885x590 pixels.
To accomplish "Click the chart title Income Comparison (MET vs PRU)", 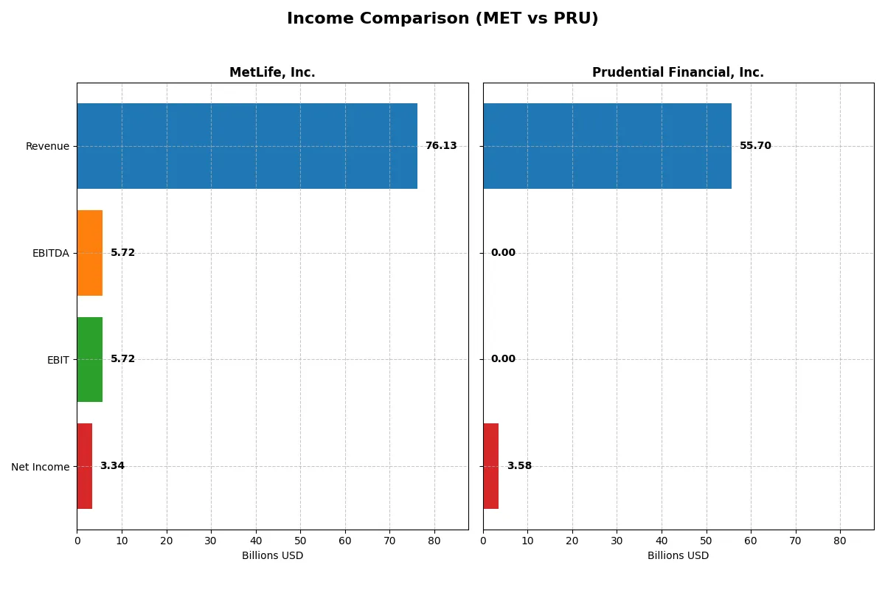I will click(442, 19).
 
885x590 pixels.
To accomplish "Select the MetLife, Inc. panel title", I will click(272, 73).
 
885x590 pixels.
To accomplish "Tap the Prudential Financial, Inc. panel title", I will click(678, 73).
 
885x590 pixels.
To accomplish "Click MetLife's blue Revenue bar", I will click(247, 146).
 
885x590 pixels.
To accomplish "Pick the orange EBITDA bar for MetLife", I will click(89, 253).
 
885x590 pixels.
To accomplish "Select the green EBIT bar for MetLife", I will click(89, 359).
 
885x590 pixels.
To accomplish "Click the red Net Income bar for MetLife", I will click(84, 466).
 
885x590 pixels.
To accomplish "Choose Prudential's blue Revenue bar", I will click(607, 146).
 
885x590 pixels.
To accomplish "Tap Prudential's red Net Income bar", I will click(490, 466).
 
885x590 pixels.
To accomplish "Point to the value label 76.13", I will click(441, 146).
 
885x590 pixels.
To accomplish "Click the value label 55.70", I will click(755, 146).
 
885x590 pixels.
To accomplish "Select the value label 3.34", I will click(112, 466).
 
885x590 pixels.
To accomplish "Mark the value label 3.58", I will click(519, 466).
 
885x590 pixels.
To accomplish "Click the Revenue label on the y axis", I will click(47, 147).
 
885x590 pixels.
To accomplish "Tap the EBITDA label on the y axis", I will click(50, 254).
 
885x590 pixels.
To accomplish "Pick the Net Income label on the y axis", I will click(40, 467).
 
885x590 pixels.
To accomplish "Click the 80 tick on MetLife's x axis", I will click(434, 541).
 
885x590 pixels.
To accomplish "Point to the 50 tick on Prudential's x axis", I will click(706, 541).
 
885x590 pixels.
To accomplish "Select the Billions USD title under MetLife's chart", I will click(272, 556).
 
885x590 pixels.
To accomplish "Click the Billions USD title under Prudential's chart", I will click(678, 556).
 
